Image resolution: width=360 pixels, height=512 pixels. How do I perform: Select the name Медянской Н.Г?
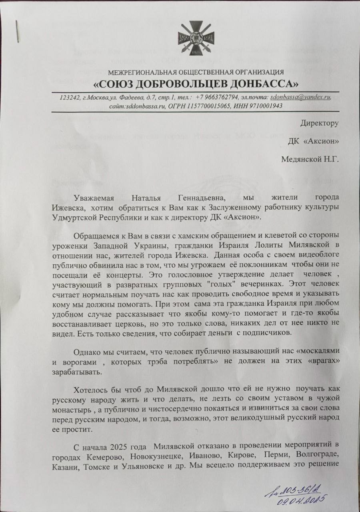[310, 160]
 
